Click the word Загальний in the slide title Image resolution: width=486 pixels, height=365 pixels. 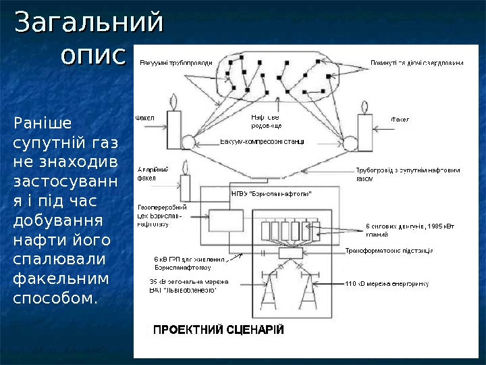click(x=88, y=22)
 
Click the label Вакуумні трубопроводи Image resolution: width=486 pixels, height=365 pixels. click(x=176, y=63)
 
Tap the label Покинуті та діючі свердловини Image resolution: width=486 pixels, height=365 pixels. click(x=416, y=63)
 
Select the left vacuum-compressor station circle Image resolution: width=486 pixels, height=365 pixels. click(x=188, y=142)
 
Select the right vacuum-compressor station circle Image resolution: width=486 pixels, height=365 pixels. click(x=351, y=143)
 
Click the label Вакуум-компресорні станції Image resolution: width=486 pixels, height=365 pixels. click(x=262, y=142)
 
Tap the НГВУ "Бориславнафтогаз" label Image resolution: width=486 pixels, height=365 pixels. click(x=271, y=194)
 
